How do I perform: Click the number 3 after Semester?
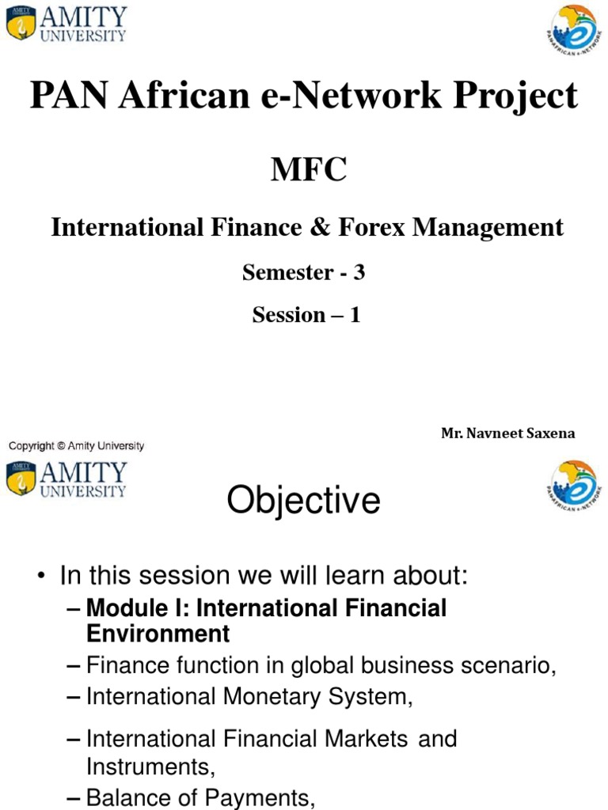[359, 273]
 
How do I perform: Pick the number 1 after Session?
[355, 315]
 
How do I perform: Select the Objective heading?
[303, 502]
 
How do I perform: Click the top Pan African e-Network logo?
[575, 30]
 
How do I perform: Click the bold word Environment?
[158, 634]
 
